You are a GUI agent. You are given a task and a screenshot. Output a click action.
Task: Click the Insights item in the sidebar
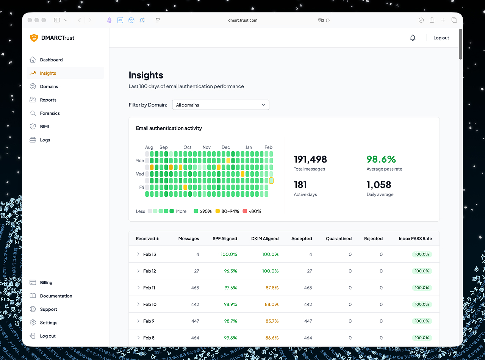click(48, 73)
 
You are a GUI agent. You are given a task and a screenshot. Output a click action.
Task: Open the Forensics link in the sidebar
click(50, 113)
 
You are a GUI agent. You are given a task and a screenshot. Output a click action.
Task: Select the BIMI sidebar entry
click(44, 127)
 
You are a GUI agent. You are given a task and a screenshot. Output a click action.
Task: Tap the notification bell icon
click(413, 38)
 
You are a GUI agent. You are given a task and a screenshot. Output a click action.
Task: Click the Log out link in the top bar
click(441, 38)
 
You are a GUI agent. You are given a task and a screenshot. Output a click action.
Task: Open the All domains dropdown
click(221, 105)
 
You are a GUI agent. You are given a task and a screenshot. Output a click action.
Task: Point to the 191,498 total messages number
click(310, 159)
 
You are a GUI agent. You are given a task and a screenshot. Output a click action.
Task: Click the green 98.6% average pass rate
click(381, 159)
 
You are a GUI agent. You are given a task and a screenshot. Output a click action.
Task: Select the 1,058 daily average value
click(379, 185)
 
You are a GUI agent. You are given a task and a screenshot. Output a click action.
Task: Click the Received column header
click(147, 239)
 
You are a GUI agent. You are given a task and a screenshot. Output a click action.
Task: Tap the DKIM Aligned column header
click(264, 239)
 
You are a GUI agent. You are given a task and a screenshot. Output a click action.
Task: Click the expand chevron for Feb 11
click(138, 288)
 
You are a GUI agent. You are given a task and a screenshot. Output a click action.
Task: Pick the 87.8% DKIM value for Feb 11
click(272, 288)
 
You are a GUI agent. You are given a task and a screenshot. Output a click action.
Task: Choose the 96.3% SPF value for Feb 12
click(230, 271)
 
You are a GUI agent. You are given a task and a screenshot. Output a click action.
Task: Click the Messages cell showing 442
click(195, 304)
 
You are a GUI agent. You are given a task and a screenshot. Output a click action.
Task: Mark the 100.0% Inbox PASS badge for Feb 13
click(422, 254)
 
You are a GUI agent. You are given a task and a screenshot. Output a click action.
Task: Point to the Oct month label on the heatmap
click(187, 147)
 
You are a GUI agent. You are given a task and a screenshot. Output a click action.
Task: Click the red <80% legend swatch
click(245, 211)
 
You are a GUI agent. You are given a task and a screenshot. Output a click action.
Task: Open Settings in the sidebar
click(48, 323)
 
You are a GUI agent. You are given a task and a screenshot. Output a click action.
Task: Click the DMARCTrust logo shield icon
click(34, 38)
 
